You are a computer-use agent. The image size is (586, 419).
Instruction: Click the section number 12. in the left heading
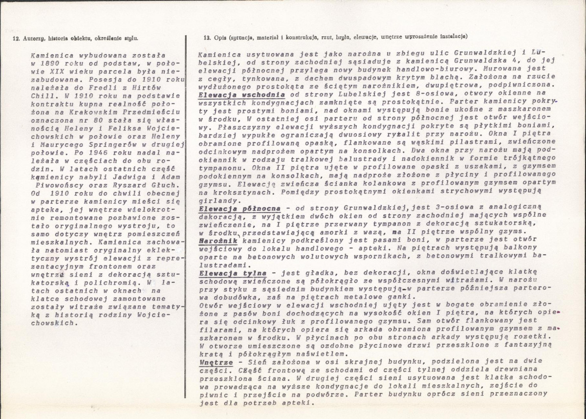15,37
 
